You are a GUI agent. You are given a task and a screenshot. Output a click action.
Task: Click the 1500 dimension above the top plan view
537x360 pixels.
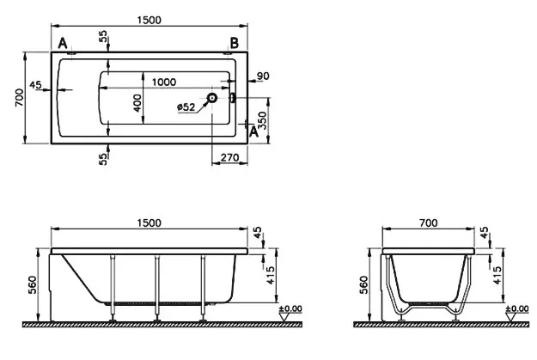pos(149,21)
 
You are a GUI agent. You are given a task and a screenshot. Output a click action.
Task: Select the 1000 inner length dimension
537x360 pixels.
pos(164,82)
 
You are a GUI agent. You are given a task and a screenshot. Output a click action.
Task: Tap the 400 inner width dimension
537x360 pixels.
pos(137,103)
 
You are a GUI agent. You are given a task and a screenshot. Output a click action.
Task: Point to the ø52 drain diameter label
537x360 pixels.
pos(186,107)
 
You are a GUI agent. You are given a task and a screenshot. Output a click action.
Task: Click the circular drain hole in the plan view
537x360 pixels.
pos(212,98)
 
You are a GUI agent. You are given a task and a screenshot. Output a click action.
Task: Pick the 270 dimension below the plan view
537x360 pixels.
pos(229,157)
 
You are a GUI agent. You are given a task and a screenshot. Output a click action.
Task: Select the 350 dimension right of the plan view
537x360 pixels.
pos(262,120)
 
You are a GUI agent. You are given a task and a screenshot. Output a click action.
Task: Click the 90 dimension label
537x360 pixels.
pos(263,76)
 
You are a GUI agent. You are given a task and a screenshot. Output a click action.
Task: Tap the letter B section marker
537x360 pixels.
pos(235,44)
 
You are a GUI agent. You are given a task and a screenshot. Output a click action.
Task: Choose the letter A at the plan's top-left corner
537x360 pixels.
pos(63,44)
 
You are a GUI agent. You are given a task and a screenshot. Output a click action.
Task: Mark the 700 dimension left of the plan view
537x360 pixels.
pos(20,97)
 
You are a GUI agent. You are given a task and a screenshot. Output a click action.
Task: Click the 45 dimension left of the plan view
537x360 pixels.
pos(35,84)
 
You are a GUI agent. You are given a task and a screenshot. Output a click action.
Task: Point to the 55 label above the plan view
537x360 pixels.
pos(103,36)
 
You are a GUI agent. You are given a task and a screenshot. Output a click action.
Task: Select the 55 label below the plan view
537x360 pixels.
pos(103,159)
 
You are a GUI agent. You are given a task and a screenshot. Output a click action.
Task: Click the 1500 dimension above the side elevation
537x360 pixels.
pos(149,223)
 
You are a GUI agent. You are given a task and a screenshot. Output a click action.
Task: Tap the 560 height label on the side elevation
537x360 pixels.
pos(33,285)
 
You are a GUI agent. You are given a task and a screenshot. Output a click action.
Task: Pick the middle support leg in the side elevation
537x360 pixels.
pos(157,289)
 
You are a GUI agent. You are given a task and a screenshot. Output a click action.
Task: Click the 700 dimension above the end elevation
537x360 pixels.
pos(429,223)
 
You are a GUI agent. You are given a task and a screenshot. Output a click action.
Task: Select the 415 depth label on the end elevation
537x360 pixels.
pos(497,276)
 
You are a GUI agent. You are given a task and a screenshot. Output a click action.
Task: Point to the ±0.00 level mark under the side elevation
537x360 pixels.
pos(290,308)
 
